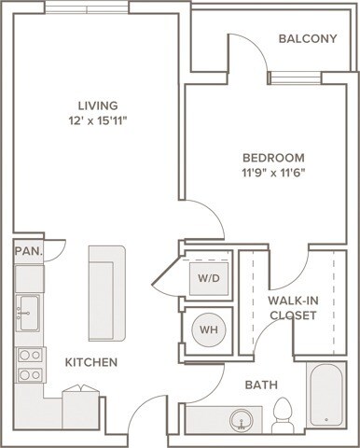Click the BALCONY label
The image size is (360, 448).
pyautogui.click(x=307, y=38)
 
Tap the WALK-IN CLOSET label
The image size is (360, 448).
pyautogui.click(x=294, y=307)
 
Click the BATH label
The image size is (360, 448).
pyautogui.click(x=262, y=385)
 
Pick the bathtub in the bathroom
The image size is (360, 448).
pyautogui.click(x=325, y=396)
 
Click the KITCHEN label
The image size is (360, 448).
pyautogui.click(x=90, y=361)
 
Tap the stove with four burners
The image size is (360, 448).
pyautogui.click(x=29, y=364)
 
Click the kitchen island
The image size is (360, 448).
pyautogui.click(x=106, y=293)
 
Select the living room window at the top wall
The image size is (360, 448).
pyautogui.click(x=89, y=7)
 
